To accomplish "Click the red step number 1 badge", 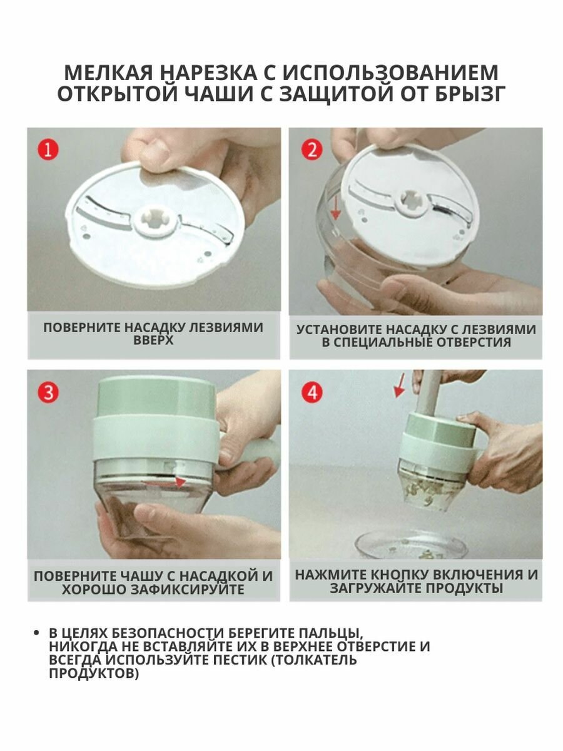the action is point(48,150).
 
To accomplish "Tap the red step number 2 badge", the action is point(312,150).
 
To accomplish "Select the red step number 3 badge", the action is point(48,392).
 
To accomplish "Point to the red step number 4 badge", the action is point(312,392).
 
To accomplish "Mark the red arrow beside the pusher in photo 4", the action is point(398,386).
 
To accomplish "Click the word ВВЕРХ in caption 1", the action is point(153,340).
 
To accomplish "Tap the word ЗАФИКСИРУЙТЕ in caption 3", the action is point(187,590).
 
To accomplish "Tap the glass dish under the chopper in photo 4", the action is point(412,544).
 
